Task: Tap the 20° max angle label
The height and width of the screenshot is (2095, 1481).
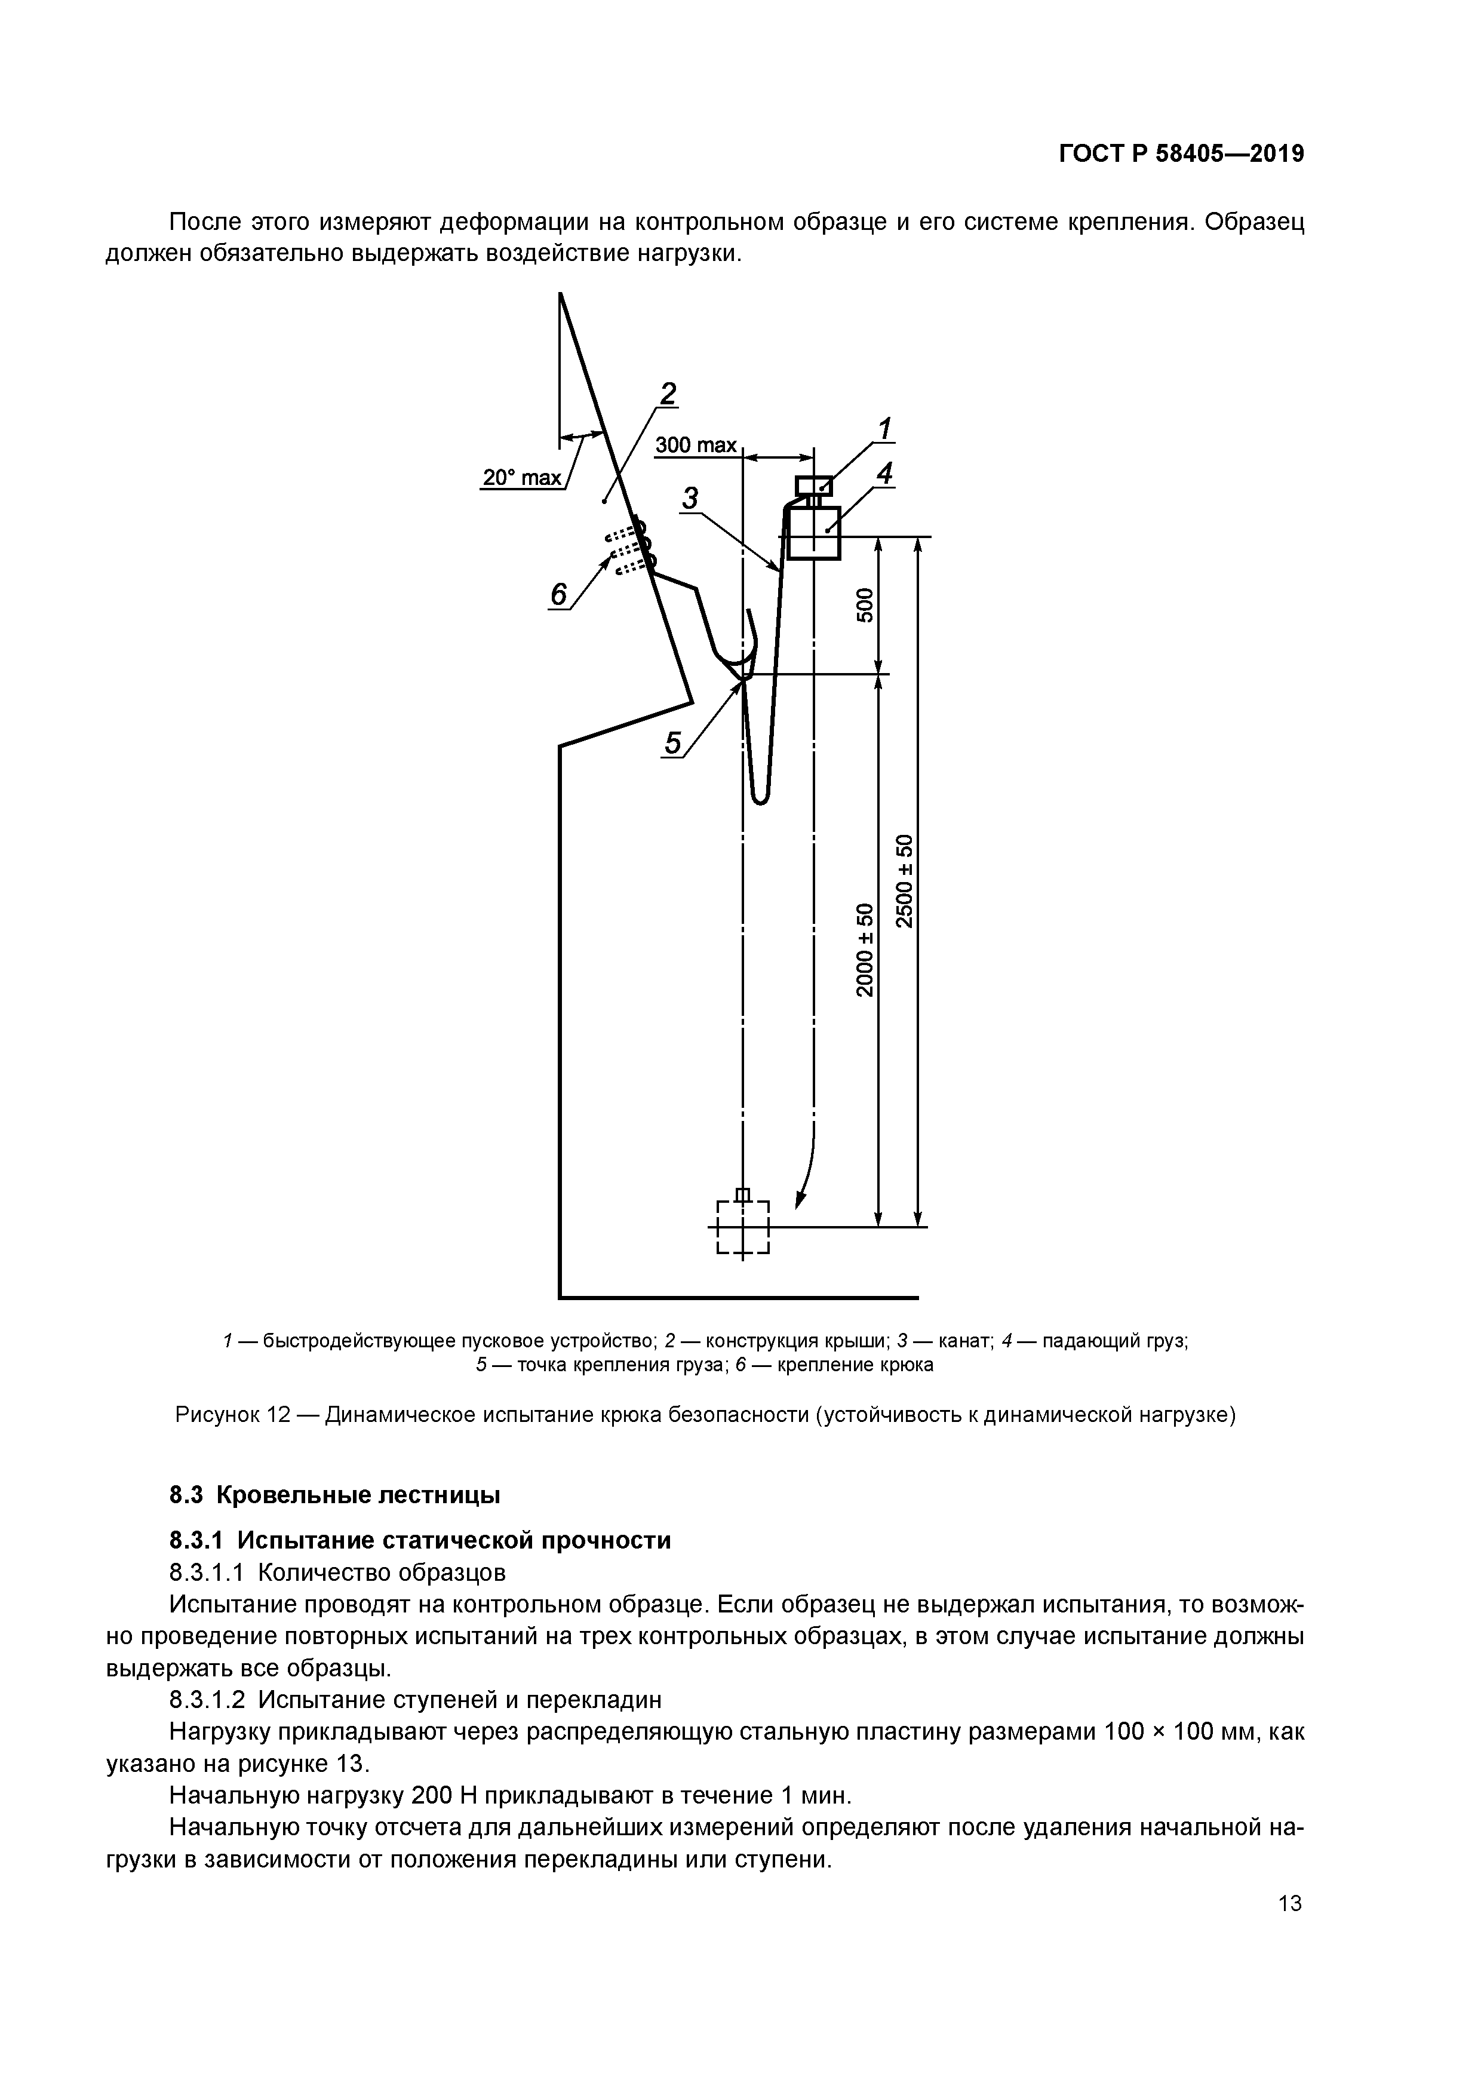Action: [522, 477]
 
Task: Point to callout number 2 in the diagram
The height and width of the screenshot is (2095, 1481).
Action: [669, 394]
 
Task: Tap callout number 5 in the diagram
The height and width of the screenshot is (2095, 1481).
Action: [672, 744]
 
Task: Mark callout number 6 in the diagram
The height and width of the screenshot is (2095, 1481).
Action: [558, 595]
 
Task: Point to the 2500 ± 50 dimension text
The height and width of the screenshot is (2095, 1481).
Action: [904, 880]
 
